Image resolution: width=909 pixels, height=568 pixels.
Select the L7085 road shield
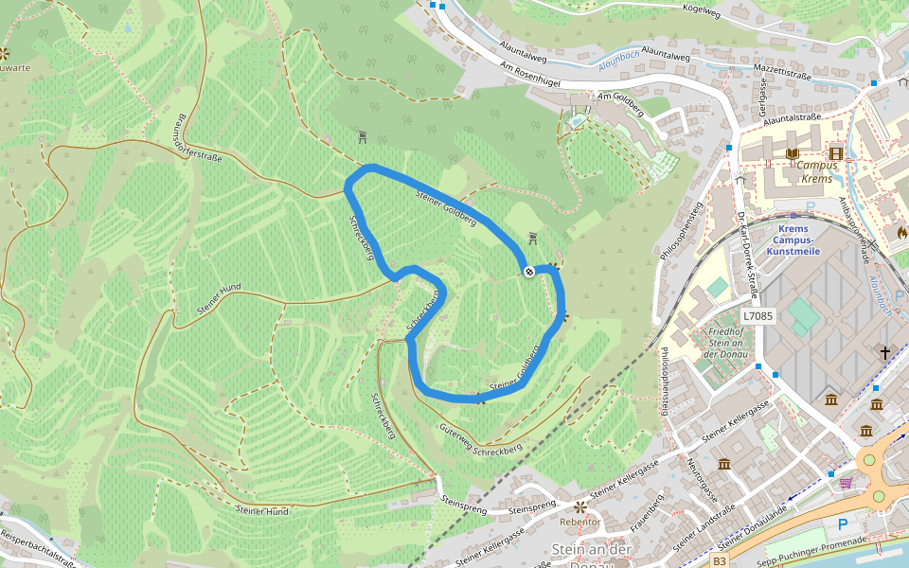tap(758, 316)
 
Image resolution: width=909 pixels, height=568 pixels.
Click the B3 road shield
tap(720, 561)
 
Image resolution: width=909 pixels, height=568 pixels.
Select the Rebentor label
tap(580, 522)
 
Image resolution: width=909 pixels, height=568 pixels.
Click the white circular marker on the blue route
tap(528, 272)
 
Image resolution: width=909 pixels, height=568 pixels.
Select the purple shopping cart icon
tap(845, 483)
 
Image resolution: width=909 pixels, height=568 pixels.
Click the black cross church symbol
tap(885, 353)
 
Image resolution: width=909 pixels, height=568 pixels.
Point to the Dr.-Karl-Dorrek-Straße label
tap(747, 240)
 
